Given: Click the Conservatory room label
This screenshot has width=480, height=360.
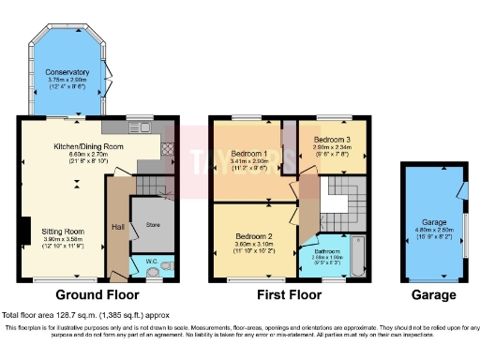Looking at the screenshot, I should click(x=67, y=72).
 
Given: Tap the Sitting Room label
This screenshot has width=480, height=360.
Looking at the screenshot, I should click(x=62, y=230).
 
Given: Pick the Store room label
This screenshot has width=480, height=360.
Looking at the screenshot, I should click(x=151, y=224).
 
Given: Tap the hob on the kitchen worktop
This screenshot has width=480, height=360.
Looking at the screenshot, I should click(x=167, y=148).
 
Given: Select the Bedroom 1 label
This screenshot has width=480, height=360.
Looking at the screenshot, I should click(x=250, y=154).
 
